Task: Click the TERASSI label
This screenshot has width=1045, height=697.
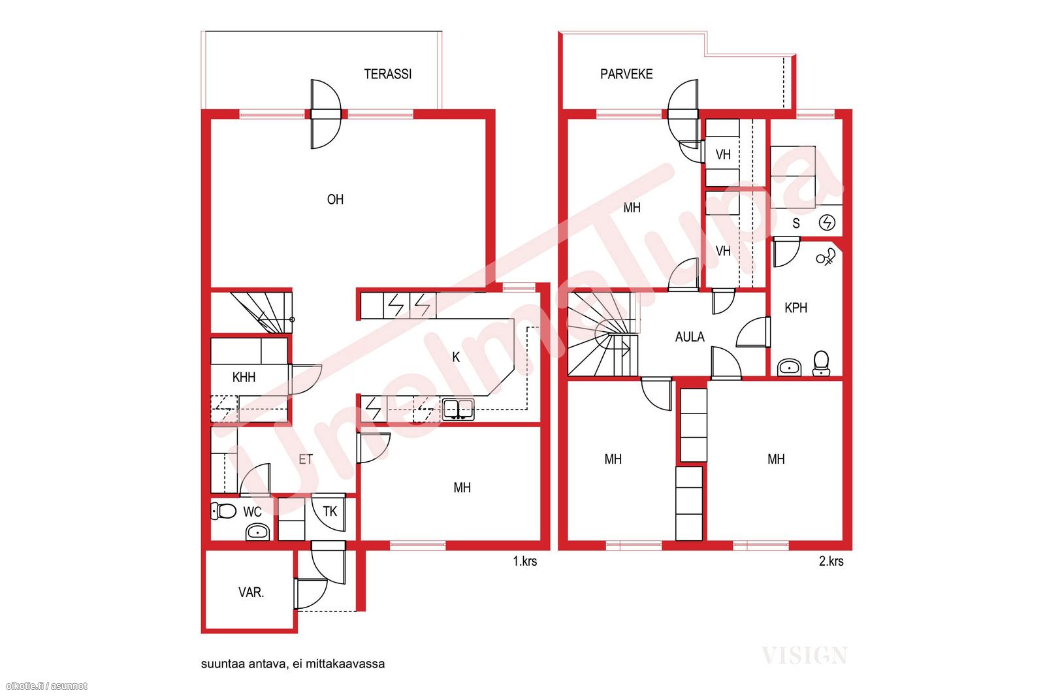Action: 388,74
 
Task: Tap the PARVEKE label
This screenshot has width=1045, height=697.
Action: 626,74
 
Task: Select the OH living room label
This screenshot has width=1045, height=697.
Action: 335,200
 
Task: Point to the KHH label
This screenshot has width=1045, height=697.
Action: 244,377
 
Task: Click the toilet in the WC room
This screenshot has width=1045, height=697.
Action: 223,511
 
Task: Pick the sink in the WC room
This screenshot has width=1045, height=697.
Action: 257,531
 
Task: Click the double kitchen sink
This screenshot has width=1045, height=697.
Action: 458,409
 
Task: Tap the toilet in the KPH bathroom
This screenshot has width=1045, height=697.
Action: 821,363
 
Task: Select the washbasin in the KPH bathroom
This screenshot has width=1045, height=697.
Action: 790,367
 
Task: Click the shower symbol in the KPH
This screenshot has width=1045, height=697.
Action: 826,257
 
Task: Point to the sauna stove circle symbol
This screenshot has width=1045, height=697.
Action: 827,223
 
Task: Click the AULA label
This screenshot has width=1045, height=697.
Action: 690,337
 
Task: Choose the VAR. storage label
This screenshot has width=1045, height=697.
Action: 251,592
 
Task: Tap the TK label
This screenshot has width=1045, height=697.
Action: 330,511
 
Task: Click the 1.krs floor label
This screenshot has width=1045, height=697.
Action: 525,561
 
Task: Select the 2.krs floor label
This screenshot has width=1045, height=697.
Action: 831,561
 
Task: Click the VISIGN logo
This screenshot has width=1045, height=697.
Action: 805,655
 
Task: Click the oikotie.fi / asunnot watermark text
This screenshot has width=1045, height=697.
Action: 46,687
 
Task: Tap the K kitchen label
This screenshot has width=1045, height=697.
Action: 456,357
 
